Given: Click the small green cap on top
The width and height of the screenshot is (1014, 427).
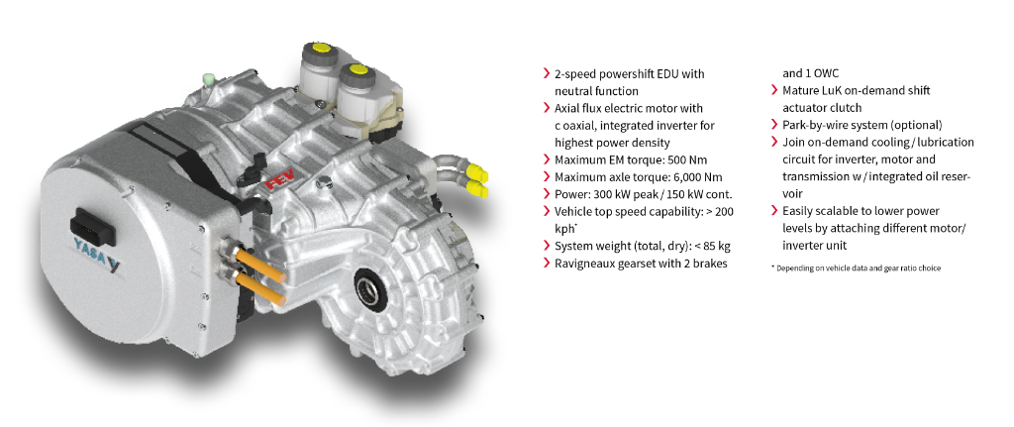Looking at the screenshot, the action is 208,79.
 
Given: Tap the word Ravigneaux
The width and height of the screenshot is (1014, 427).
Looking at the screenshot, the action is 582,264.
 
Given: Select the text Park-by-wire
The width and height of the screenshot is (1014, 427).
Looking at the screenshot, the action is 810,125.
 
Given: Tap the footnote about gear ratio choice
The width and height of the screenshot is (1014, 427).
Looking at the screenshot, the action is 857,267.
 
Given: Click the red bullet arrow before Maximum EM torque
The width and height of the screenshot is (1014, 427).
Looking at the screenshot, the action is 548,160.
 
